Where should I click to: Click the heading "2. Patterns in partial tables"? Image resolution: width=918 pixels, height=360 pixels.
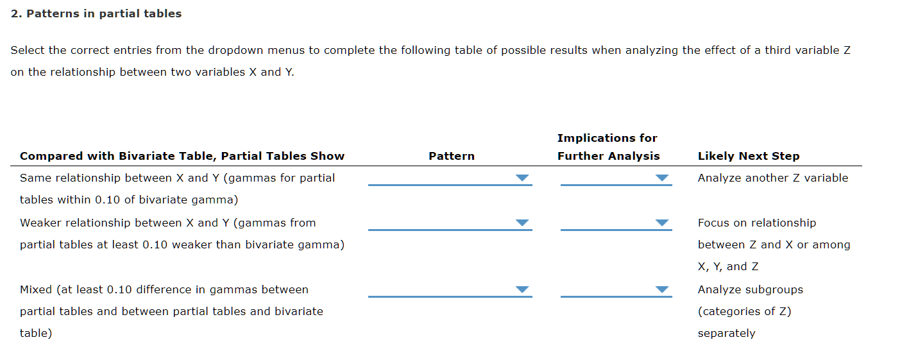click(96, 13)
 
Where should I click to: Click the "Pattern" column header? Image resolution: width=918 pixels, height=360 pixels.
click(452, 156)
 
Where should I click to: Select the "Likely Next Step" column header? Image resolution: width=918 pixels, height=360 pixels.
click(748, 156)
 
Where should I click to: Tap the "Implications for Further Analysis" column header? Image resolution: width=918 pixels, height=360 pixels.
click(608, 147)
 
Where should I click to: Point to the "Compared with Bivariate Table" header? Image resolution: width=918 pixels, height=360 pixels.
click(182, 156)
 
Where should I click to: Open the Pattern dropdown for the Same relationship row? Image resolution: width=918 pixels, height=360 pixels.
click(450, 178)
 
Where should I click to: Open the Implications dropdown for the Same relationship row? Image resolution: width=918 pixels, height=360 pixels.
click(615, 178)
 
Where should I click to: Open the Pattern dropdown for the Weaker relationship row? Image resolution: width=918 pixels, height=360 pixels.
click(450, 223)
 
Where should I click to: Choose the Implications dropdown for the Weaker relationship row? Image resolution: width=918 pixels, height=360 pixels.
click(615, 223)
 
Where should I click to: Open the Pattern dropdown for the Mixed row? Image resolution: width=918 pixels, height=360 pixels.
click(450, 289)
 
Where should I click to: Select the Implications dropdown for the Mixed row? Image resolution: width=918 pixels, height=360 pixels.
click(615, 289)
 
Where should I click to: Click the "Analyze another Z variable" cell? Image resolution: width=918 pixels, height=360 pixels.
click(772, 178)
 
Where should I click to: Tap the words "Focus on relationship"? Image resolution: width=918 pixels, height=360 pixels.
click(756, 223)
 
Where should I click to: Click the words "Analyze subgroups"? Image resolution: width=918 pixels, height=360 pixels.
click(750, 289)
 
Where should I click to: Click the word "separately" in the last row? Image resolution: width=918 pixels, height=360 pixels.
click(726, 333)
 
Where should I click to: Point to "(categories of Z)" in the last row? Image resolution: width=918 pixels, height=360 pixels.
click(744, 311)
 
